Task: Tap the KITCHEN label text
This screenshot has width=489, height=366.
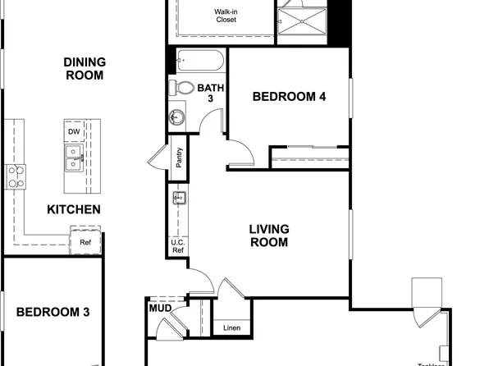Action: tap(74, 209)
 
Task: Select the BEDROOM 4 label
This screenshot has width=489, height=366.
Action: tap(289, 97)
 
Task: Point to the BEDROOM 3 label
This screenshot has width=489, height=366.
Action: tap(53, 313)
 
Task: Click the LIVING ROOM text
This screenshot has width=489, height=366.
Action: tap(268, 236)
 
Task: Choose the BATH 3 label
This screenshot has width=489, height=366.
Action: tap(210, 93)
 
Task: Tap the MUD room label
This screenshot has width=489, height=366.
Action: tap(159, 309)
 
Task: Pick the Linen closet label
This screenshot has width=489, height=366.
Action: tap(232, 328)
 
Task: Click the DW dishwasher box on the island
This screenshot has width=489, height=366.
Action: tap(74, 131)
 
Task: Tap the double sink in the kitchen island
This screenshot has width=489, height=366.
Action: tap(74, 157)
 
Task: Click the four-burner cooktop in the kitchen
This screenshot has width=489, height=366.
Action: tap(16, 176)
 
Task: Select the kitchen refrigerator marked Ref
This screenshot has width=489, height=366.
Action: tap(85, 242)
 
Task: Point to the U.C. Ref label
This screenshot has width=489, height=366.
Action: tap(177, 247)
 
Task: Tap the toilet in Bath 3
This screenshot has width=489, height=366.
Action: tap(184, 87)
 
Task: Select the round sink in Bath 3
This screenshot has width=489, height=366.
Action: tap(176, 117)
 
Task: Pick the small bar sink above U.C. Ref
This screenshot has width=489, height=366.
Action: tap(178, 197)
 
